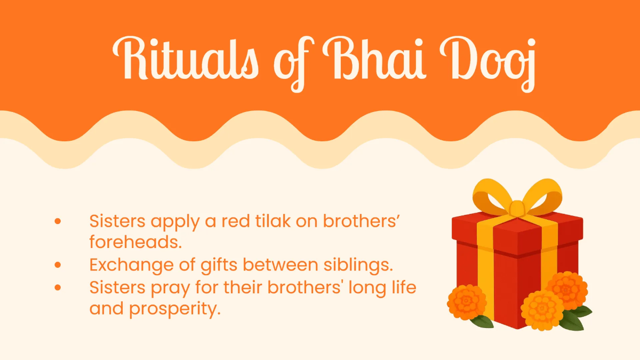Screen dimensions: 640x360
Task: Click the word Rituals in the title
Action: (x=186, y=58)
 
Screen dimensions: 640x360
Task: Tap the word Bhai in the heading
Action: (x=374, y=58)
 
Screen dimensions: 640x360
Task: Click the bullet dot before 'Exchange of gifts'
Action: (x=58, y=265)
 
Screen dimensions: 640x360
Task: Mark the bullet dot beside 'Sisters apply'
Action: (x=58, y=221)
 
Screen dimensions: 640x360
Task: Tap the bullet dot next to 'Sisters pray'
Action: (x=58, y=287)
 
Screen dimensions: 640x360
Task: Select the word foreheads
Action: (x=135, y=242)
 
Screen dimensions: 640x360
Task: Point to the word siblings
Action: (x=358, y=265)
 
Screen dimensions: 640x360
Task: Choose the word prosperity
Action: (x=175, y=309)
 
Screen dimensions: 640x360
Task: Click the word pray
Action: (x=170, y=288)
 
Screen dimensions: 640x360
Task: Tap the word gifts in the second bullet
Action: (x=219, y=265)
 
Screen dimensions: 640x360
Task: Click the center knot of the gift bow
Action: (x=517, y=209)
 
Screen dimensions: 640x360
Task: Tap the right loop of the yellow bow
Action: (x=545, y=197)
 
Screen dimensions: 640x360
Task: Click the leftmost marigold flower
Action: (x=467, y=302)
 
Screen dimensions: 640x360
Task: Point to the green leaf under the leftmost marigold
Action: (x=483, y=321)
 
